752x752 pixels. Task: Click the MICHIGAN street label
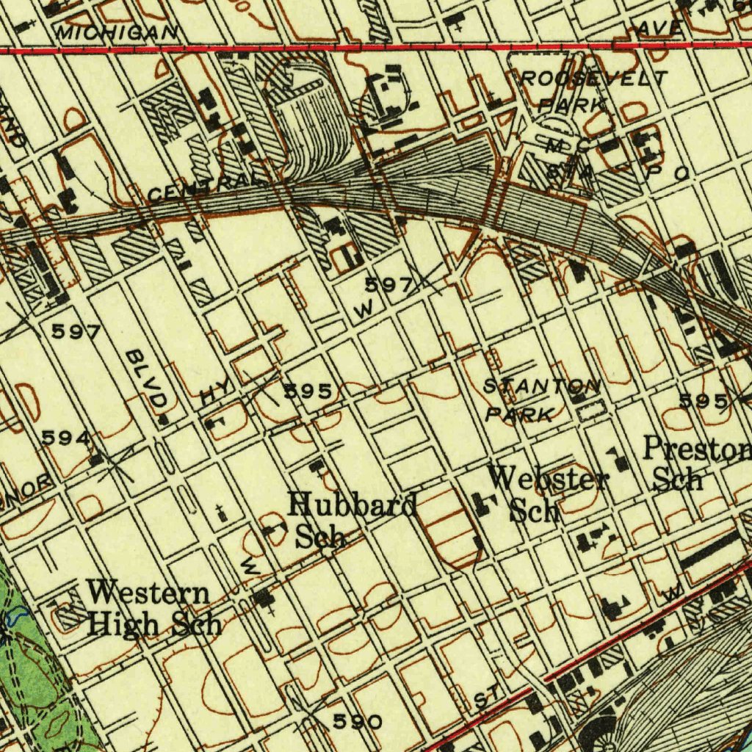click(117, 32)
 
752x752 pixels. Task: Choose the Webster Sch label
click(548, 494)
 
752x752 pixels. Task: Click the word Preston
click(697, 449)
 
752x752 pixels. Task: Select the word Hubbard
click(352, 505)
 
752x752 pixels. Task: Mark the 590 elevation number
click(357, 722)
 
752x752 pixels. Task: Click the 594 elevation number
click(66, 438)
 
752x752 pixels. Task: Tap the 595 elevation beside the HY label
click(312, 391)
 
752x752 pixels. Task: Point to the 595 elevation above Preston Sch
click(704, 401)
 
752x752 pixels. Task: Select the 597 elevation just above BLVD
click(76, 332)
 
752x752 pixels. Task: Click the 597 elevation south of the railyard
click(390, 285)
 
